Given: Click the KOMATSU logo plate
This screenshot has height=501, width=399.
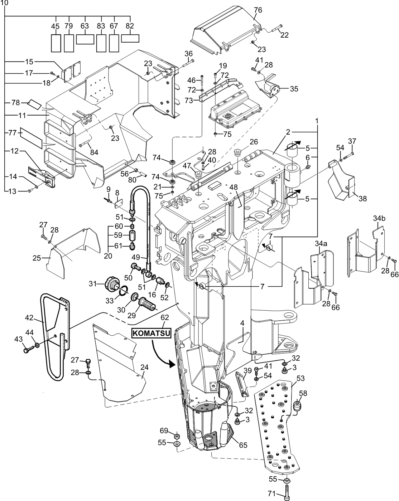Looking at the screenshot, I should pos(150,333).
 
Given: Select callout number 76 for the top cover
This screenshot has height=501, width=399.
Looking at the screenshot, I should pos(258,10).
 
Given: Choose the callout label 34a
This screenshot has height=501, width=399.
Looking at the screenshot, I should pos(321,244).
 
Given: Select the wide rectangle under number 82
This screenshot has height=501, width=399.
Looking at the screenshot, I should pos(130,38).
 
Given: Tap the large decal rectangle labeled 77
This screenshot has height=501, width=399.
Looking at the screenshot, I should pos(32,138).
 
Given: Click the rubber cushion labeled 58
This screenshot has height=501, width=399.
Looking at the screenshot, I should pos(296,407).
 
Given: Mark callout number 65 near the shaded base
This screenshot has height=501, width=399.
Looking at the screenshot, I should pos(243,446).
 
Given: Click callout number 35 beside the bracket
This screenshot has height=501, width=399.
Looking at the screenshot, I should pos(294,89).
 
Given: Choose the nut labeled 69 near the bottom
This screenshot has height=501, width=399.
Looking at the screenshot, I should pos(177,436).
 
